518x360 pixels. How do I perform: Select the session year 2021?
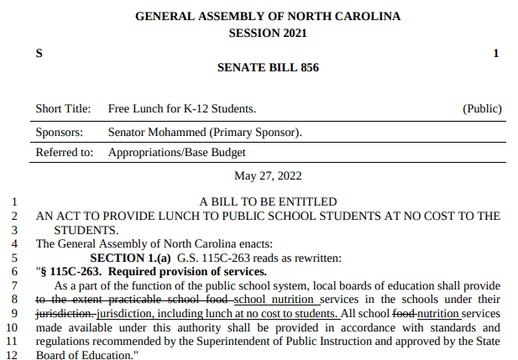(x=292, y=33)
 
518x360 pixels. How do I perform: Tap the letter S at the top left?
(x=39, y=54)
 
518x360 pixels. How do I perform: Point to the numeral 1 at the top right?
(x=495, y=54)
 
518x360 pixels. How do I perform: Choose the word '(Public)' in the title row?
(x=482, y=109)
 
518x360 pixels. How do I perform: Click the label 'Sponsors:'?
(x=60, y=133)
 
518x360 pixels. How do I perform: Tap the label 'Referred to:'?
(x=64, y=153)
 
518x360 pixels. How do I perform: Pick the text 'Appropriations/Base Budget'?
(x=177, y=153)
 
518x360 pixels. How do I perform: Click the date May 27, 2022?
(x=268, y=175)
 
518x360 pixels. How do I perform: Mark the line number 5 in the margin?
(x=13, y=257)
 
